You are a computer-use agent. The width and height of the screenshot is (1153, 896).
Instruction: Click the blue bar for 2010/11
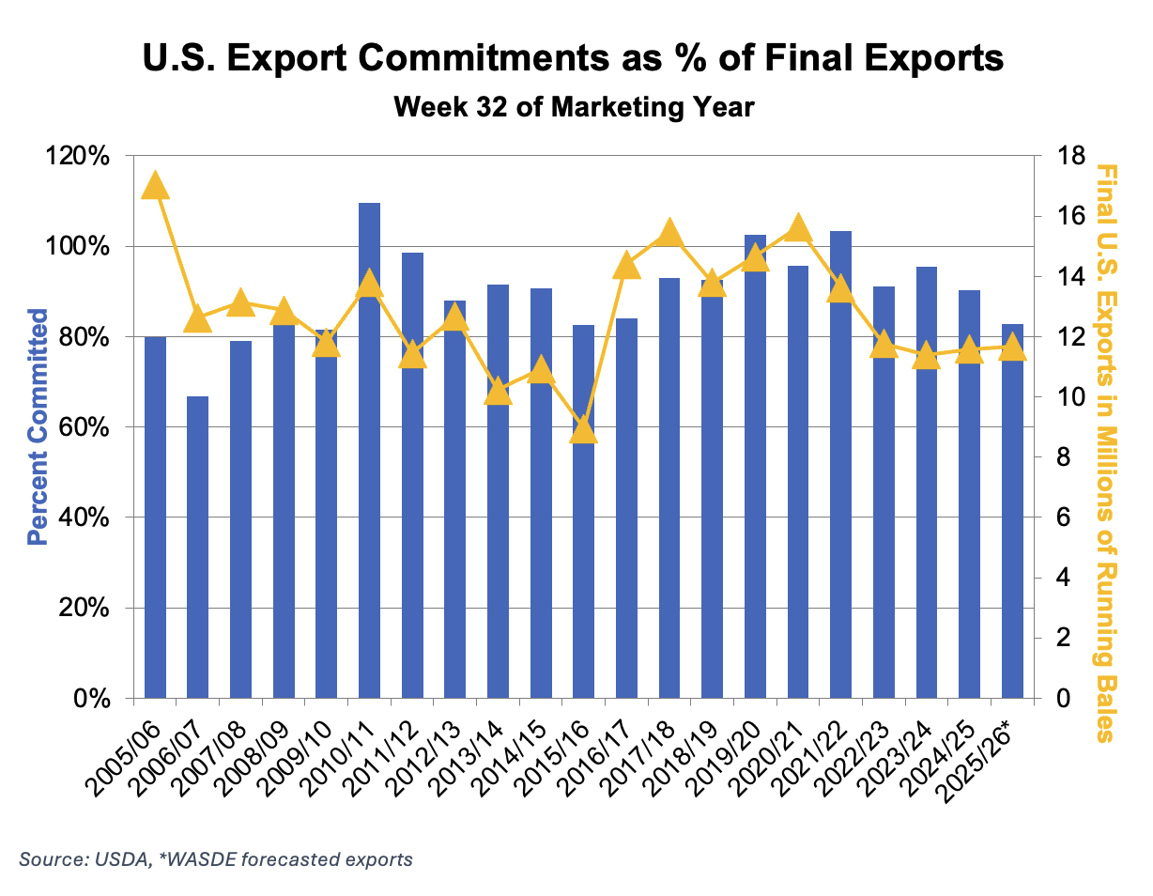coord(370,451)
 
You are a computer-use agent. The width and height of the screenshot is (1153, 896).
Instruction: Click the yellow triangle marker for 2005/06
coord(155,186)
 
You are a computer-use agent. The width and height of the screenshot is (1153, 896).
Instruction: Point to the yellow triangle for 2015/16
coord(584,429)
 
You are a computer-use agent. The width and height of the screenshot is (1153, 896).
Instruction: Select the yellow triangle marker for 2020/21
coord(798,227)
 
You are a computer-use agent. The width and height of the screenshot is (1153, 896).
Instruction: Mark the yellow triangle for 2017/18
coord(669,232)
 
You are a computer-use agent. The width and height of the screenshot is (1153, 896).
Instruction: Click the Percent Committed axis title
coord(38,427)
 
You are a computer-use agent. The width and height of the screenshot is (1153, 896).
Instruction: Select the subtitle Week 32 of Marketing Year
coord(574,107)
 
